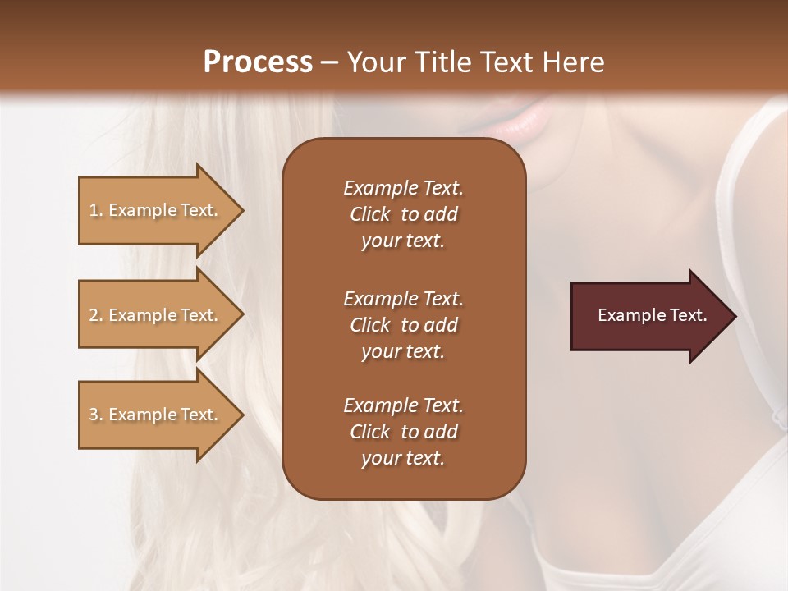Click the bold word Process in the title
click(x=258, y=62)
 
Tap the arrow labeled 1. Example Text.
click(x=156, y=210)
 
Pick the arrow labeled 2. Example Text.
click(x=156, y=315)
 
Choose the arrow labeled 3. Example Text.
click(x=156, y=415)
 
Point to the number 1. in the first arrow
click(x=96, y=210)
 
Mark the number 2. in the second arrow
click(x=96, y=315)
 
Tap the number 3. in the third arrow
click(x=96, y=415)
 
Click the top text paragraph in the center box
click(x=403, y=214)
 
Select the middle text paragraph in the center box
click(x=403, y=324)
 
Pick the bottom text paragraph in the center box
click(x=403, y=432)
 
